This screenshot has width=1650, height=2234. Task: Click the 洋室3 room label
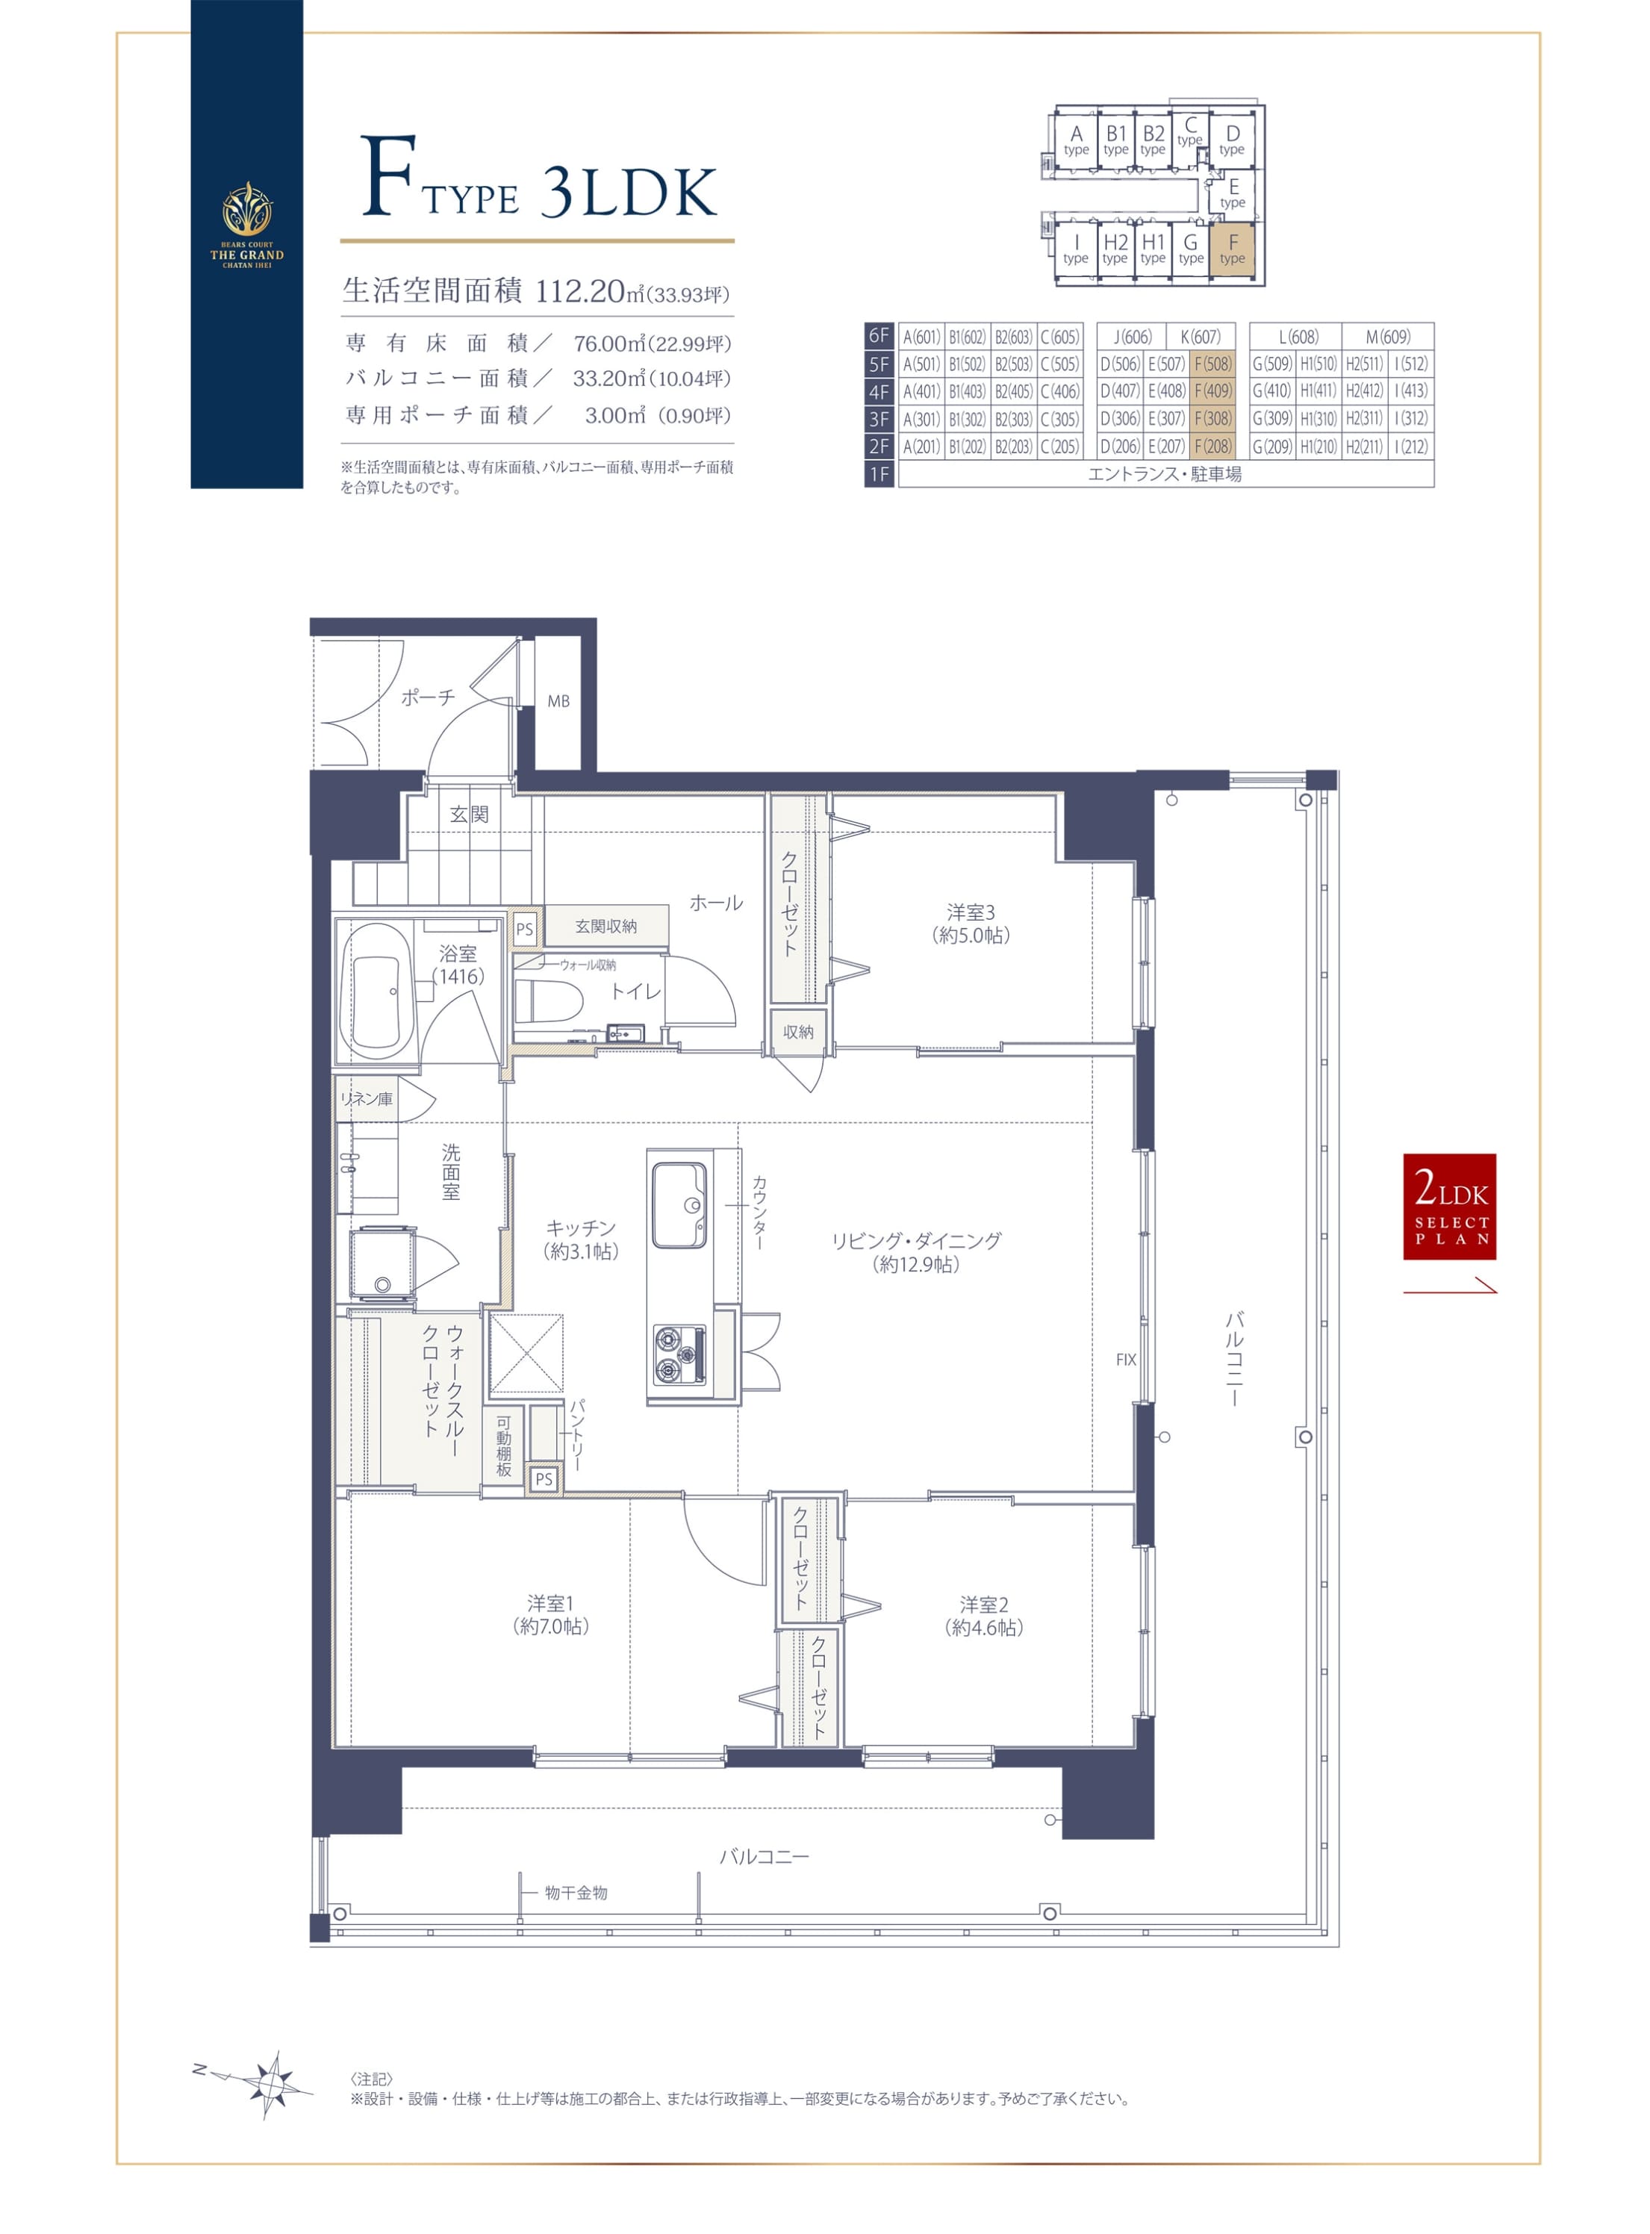click(971, 912)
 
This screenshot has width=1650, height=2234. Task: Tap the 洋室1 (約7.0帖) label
click(550, 1615)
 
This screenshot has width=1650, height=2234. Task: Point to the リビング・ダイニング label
click(916, 1240)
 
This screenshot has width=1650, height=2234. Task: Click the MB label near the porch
click(558, 701)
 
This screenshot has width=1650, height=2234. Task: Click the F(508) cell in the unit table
click(1212, 364)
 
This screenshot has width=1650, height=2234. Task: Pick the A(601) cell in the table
click(921, 337)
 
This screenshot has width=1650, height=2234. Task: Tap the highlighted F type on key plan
click(1233, 249)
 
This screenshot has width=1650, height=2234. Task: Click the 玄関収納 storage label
click(605, 927)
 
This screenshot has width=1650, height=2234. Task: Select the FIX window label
click(1126, 1359)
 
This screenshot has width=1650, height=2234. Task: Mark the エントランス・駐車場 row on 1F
click(1165, 474)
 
